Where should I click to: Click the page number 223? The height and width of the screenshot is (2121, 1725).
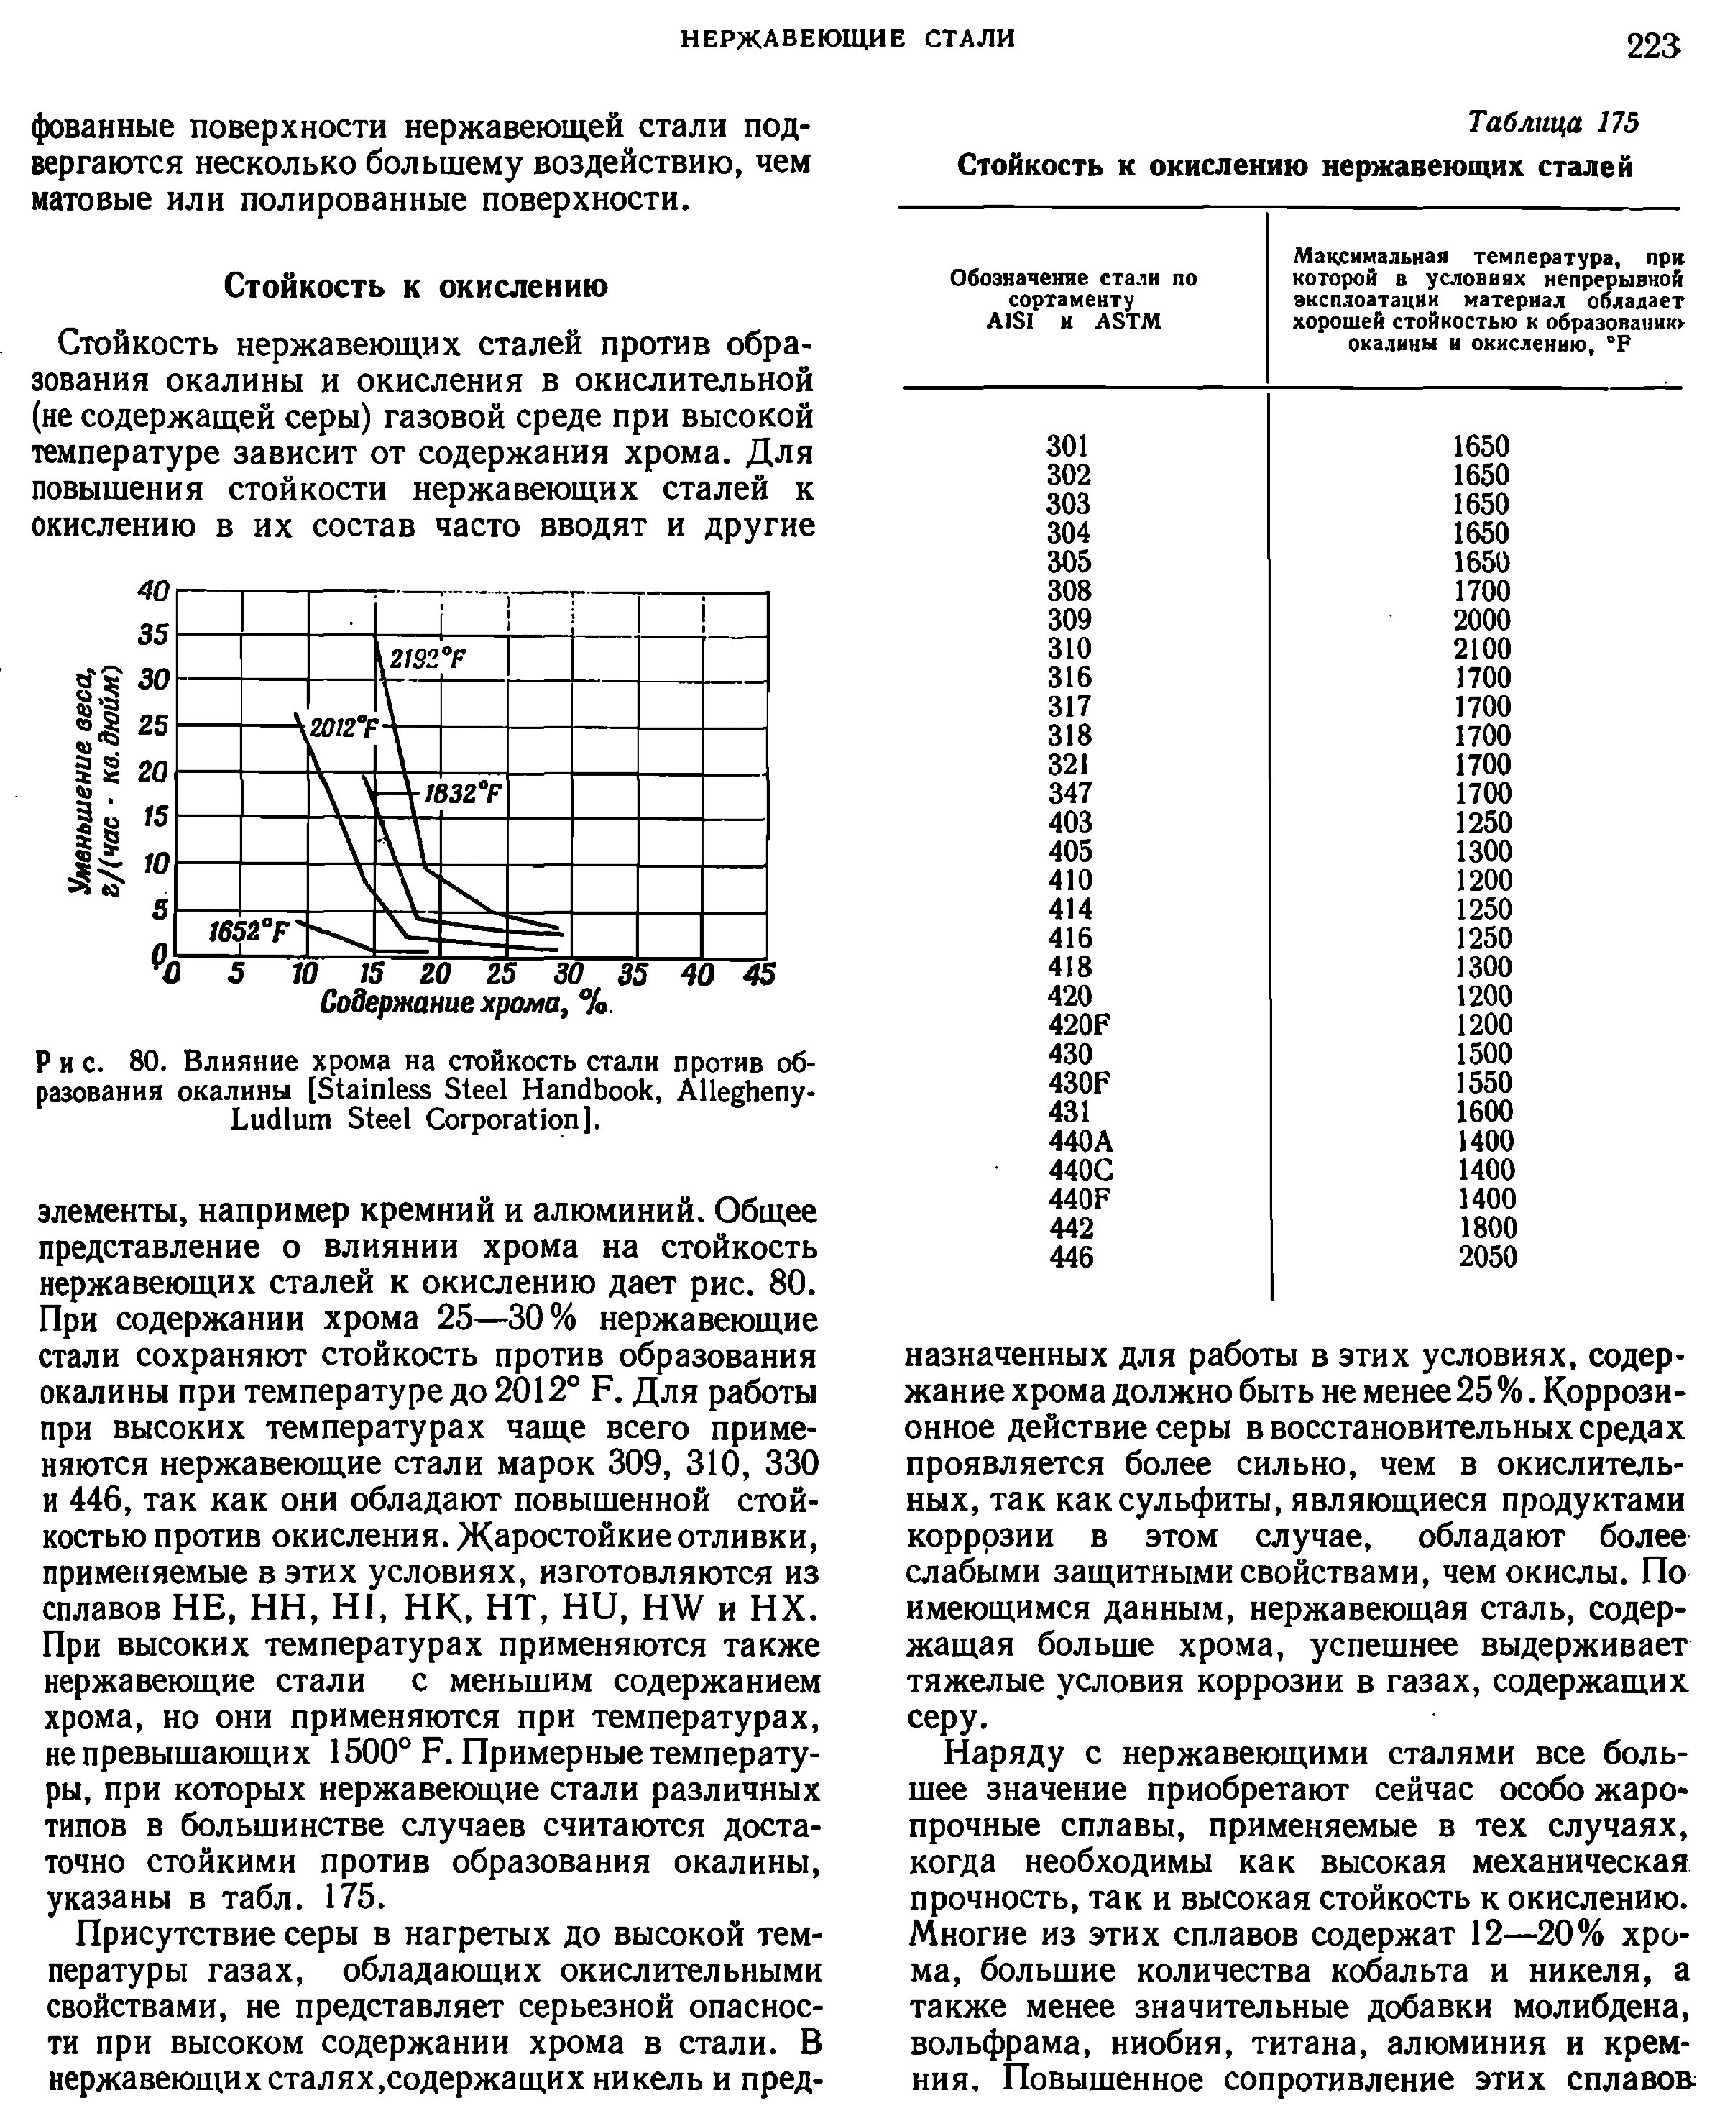pyautogui.click(x=1653, y=46)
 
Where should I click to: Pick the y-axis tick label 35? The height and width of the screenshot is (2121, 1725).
pyautogui.click(x=154, y=634)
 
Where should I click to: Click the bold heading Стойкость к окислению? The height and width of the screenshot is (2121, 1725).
pyautogui.click(x=415, y=286)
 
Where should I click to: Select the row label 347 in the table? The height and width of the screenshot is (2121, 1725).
pyautogui.click(x=1069, y=793)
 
